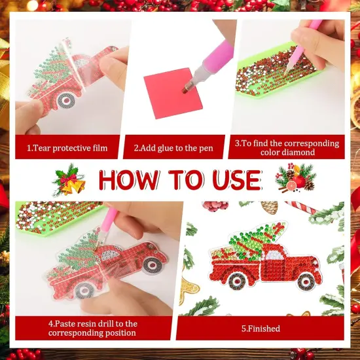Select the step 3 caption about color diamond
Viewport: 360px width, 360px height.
[287, 147]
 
